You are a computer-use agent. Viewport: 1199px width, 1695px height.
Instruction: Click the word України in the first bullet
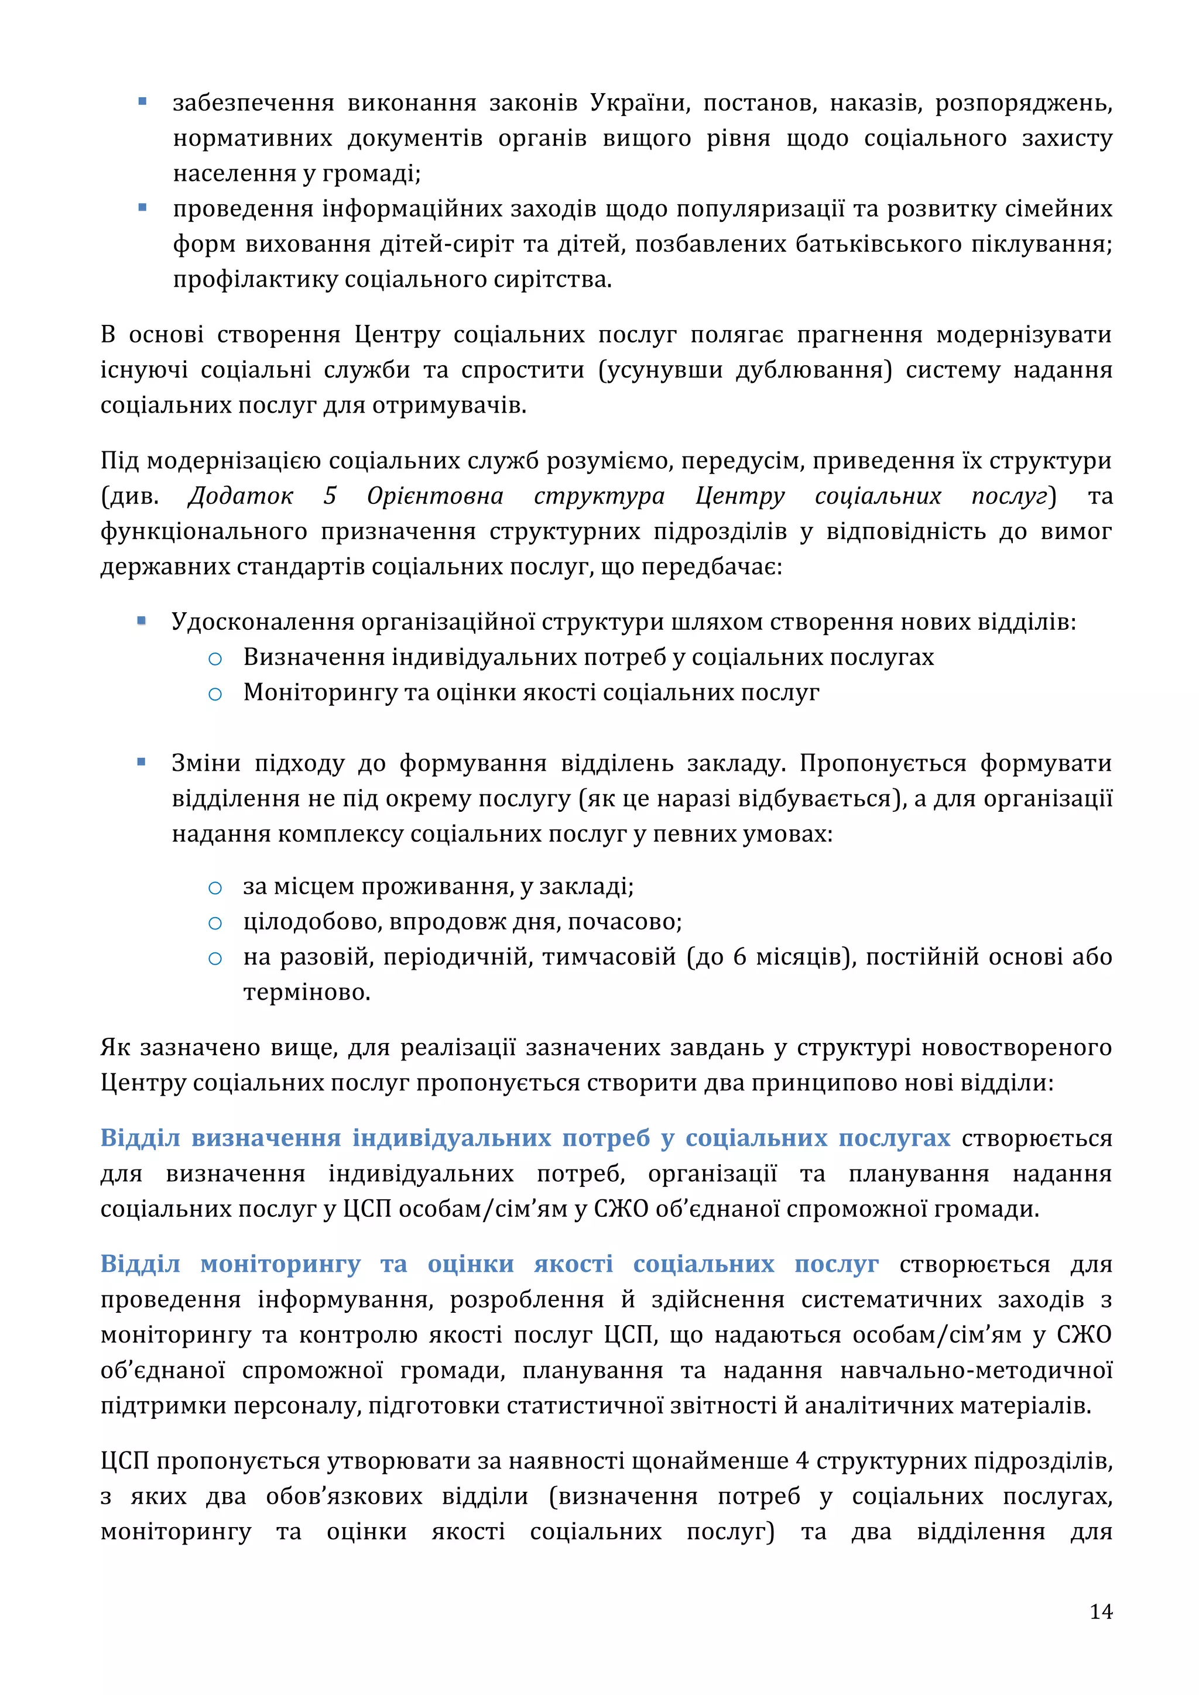[639, 104]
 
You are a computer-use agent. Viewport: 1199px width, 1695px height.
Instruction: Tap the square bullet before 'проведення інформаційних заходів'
[142, 208]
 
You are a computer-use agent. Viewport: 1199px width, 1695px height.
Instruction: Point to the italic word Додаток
[241, 496]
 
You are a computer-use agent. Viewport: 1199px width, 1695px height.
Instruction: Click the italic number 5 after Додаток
[330, 496]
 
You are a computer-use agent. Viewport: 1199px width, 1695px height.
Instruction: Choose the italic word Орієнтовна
[435, 496]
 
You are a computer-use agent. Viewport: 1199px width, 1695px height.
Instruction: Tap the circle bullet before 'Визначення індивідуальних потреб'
[215, 658]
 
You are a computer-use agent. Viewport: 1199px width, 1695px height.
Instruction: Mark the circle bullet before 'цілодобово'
[215, 923]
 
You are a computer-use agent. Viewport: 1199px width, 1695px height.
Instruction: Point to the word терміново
[306, 993]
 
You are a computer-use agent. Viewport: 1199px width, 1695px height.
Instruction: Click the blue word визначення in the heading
[266, 1138]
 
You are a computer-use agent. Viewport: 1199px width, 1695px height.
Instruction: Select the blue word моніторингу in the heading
[280, 1265]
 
